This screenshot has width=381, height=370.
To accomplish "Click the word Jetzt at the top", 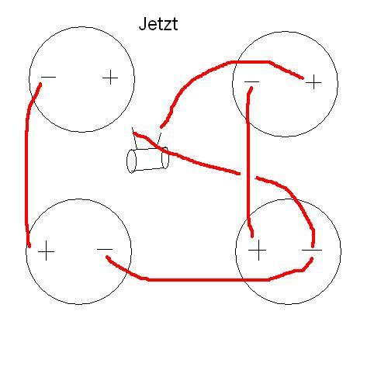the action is tap(158, 24).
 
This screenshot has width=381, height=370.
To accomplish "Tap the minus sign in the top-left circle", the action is tap(48, 77).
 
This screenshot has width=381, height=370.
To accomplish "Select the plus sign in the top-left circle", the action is tap(110, 78).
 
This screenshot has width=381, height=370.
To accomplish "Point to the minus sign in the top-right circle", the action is tap(251, 82).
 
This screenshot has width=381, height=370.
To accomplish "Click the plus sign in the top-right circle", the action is tap(313, 82).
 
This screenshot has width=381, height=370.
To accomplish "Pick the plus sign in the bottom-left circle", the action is tap(46, 251).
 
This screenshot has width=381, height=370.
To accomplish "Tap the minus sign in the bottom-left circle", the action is tap(105, 249).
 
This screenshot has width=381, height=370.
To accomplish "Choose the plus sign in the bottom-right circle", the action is tap(258, 250).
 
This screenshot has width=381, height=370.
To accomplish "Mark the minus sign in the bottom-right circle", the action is tap(312, 250).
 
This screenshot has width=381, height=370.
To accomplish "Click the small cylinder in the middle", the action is tap(147, 160).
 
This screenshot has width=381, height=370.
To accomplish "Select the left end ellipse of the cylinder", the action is tap(131, 161).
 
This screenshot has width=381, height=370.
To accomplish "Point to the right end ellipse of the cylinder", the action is tap(165, 157).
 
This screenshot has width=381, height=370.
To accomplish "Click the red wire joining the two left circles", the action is tap(26, 165).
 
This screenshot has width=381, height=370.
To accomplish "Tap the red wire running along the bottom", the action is tap(207, 279).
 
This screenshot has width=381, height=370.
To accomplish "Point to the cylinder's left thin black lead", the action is tap(134, 138).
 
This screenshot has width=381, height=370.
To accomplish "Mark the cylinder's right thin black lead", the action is tap(158, 140).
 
